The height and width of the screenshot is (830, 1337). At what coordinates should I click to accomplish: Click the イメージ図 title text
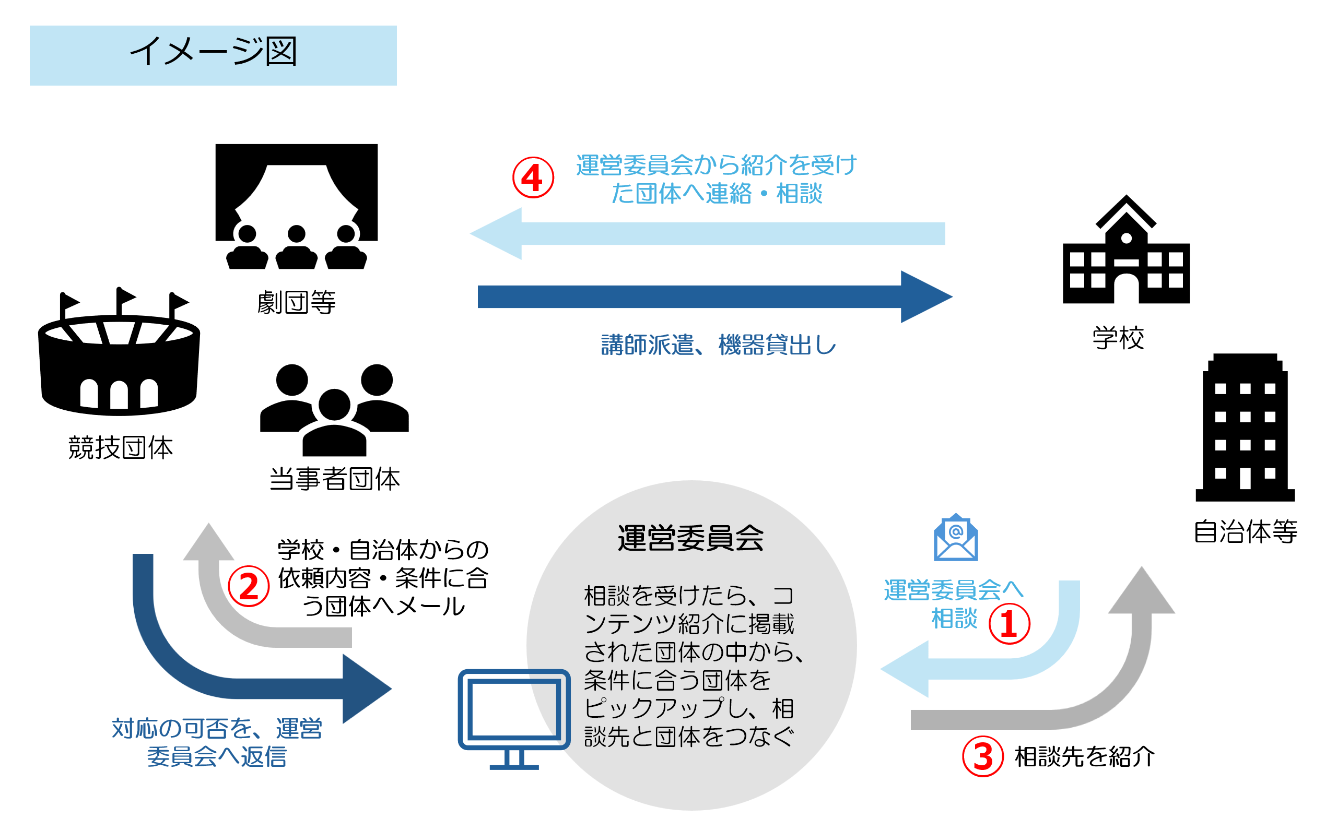point(214,52)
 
